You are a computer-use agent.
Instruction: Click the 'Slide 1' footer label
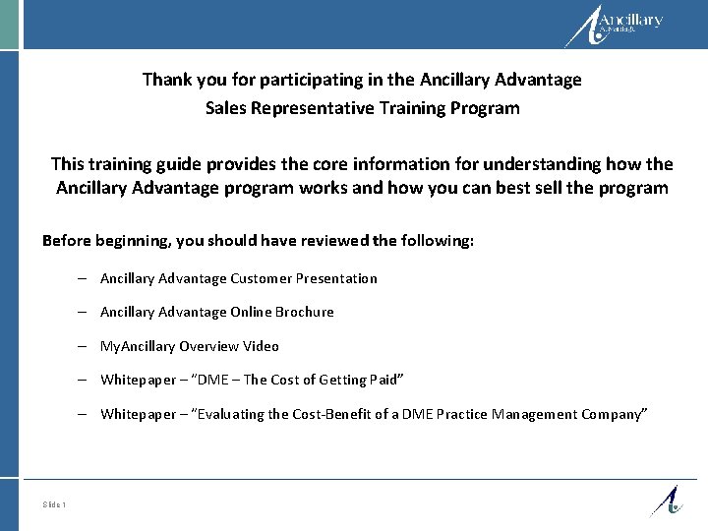coord(54,505)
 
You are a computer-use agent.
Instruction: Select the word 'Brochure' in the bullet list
coord(304,312)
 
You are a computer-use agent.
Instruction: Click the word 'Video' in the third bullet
coord(261,346)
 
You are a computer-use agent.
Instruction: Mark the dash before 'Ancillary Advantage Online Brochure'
coord(87,312)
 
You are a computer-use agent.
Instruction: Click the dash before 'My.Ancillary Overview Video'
coord(87,346)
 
